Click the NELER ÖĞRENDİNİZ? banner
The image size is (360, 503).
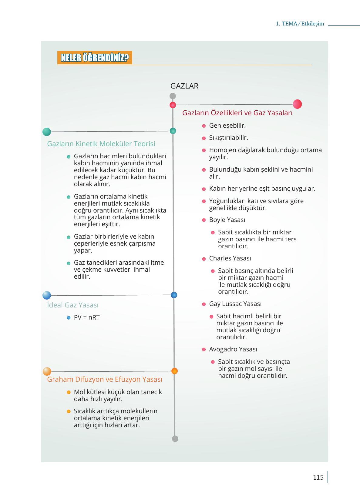coord(95,58)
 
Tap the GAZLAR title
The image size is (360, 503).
coord(184,86)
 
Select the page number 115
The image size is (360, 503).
coord(318,477)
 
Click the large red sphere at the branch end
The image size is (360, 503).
coord(297,104)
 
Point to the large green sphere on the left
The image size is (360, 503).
coord(47,132)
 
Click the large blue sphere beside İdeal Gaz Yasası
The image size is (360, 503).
coord(47,295)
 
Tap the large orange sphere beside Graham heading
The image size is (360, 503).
coord(47,371)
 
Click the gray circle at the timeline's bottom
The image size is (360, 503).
coord(175,439)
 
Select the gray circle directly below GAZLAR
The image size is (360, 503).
coord(173,96)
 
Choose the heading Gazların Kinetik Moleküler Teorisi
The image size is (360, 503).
coord(101,144)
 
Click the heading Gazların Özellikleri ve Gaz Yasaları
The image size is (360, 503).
coord(237,113)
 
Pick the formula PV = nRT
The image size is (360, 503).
coord(87,317)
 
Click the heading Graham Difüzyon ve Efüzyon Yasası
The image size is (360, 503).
coord(105,379)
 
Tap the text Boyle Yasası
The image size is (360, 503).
coord(227,220)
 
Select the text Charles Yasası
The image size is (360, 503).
coord(230,258)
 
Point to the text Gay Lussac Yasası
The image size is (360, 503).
coord(235,304)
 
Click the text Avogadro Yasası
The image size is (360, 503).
coord(233,349)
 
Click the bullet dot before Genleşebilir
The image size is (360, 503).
coord(204,126)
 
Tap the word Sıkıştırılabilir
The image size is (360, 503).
coord(228,138)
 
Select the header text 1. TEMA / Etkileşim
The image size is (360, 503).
coord(300,24)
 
